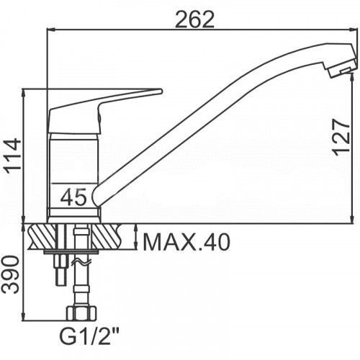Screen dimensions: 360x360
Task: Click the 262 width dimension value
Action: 194,19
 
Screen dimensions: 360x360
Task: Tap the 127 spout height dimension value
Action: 341,137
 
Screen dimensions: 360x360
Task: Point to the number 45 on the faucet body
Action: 73,197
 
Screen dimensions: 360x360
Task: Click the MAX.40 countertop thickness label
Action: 186,243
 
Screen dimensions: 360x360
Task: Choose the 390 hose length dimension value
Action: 11,275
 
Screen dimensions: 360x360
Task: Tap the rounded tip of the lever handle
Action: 161,91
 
